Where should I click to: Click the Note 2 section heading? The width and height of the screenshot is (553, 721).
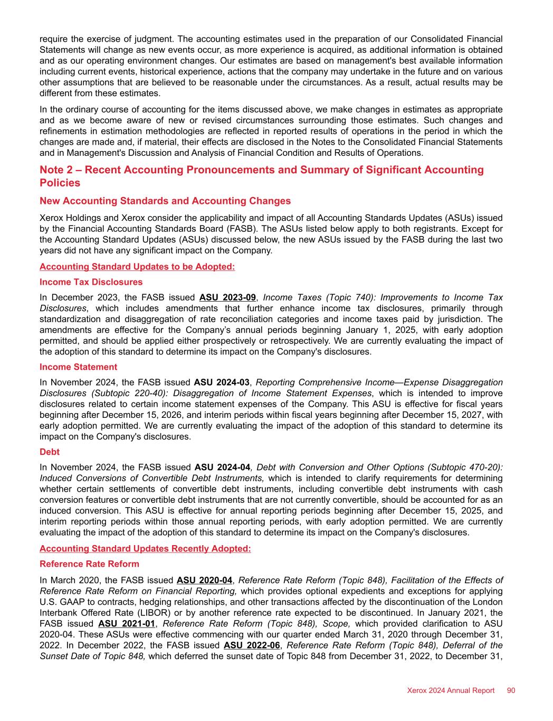click(x=261, y=176)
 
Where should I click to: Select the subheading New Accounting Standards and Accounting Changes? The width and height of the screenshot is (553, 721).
click(x=165, y=201)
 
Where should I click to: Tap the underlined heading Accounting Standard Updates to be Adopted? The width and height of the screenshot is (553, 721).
click(x=137, y=267)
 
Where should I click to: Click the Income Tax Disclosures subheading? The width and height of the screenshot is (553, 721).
click(x=91, y=282)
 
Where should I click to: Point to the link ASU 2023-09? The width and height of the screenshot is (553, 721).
click(x=227, y=297)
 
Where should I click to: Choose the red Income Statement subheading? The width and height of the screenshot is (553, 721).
click(x=79, y=367)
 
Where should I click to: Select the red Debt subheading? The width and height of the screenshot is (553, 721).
click(x=50, y=452)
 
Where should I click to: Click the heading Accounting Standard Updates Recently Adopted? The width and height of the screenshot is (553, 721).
click(x=145, y=549)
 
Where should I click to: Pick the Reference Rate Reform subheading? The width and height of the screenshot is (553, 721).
click(x=90, y=564)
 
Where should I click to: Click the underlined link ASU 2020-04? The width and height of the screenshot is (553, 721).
click(x=204, y=580)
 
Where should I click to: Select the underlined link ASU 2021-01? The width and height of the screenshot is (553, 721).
click(x=126, y=623)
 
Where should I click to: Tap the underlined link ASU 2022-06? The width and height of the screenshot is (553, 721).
click(x=252, y=645)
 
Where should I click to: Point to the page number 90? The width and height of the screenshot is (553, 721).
click(x=511, y=690)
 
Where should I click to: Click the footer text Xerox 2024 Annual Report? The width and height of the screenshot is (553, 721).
click(x=451, y=690)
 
